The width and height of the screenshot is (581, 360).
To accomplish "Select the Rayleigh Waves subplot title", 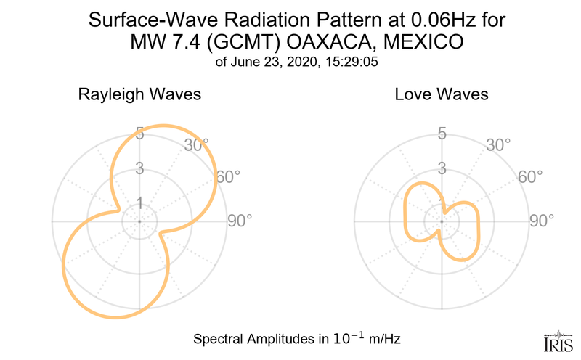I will tap(139, 95).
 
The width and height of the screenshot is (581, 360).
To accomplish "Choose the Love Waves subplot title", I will tap(442, 95).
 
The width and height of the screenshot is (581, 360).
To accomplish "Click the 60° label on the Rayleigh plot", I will tap(230, 176).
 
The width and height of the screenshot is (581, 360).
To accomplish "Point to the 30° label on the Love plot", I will tap(498, 144).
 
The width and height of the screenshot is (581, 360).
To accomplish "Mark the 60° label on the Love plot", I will tap(532, 176).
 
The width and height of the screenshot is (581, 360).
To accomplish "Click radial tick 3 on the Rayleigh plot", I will tap(139, 168).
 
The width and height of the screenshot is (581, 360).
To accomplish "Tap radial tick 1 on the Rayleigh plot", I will tap(139, 202).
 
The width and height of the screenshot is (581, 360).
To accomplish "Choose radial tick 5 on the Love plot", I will tap(442, 134).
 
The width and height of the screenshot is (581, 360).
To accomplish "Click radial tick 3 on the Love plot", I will tap(442, 168).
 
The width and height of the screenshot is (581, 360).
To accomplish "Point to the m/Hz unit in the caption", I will tap(384, 339).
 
